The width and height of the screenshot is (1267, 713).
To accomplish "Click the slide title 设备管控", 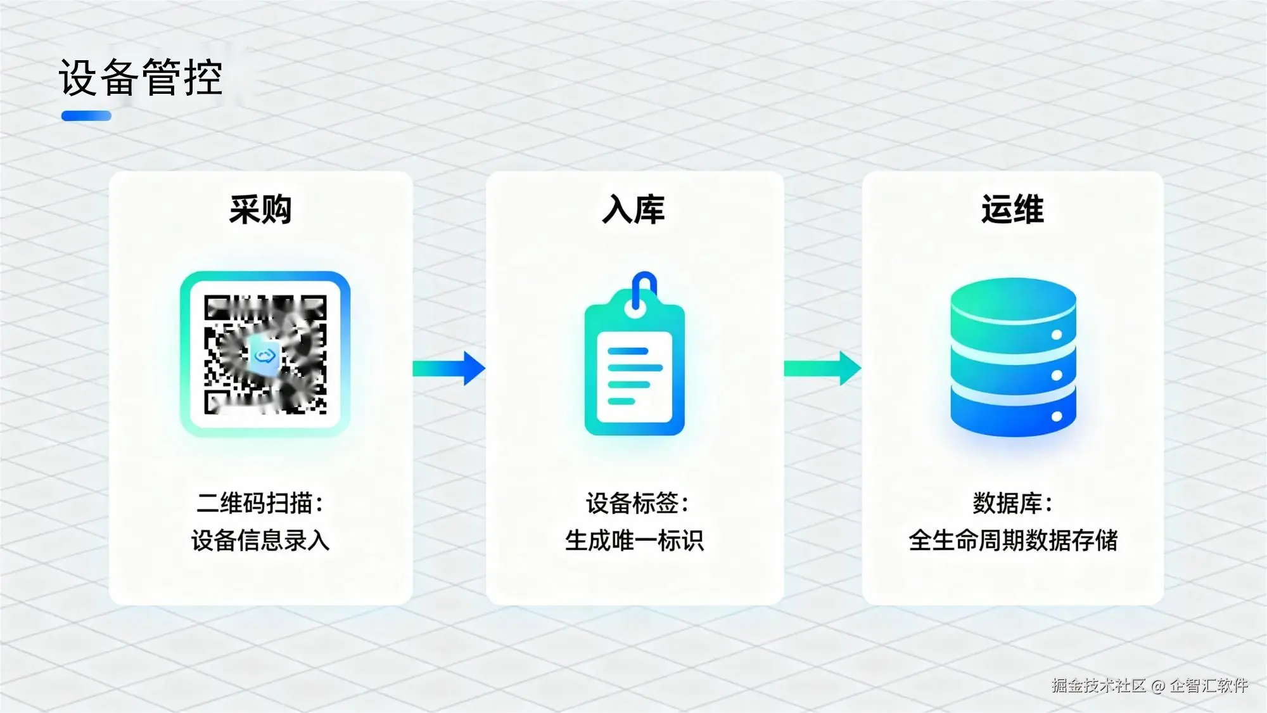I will coord(141,77).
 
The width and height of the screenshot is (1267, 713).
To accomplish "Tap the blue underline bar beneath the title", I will coord(86,116).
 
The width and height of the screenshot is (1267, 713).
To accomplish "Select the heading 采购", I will coord(260,210).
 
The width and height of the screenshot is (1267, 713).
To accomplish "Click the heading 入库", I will coord(633,210).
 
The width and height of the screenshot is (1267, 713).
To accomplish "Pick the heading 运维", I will coord(1012,210).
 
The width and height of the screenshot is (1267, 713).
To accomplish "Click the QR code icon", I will coord(265,354).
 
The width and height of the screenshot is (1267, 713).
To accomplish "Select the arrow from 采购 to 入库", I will coord(449,368).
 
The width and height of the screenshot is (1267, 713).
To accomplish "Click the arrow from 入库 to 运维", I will coord(822,368).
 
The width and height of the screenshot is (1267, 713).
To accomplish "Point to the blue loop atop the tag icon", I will coord(644,286).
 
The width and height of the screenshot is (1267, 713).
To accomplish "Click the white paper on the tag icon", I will coord(634,377).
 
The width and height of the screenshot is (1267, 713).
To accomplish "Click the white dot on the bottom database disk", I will coord(1057,416).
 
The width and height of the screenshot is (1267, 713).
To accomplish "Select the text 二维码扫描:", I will coord(260,503).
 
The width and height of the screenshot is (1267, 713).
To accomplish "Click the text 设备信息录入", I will coord(260,541).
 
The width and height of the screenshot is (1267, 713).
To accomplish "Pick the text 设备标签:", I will coord(637,503).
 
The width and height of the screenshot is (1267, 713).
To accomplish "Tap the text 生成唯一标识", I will coord(634,541).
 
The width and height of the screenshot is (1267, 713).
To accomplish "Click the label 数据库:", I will coord(1012,503).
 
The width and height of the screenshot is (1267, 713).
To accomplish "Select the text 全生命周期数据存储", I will coord(1012,541).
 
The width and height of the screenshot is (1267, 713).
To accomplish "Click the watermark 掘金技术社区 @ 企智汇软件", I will coord(1149,685).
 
